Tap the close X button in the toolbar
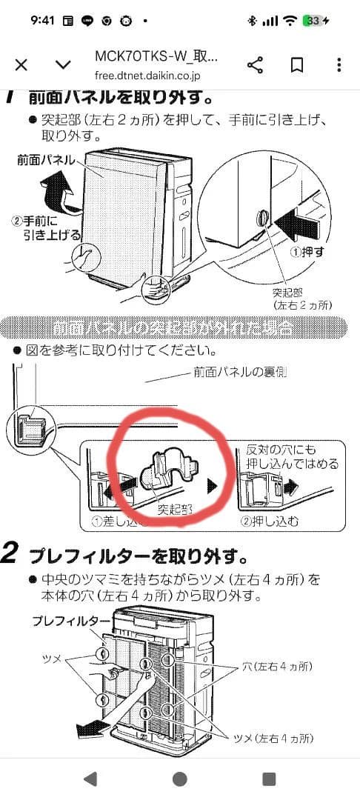tap(21, 65)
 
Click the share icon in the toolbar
tap(255, 65)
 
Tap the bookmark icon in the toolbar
tap(297, 65)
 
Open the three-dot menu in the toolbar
tap(339, 65)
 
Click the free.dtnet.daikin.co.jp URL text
tap(147, 75)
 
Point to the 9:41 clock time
tap(44, 21)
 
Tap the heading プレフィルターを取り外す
tap(137, 555)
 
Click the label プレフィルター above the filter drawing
tap(71, 621)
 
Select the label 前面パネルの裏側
tap(239, 372)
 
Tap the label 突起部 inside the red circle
tap(176, 510)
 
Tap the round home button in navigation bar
tap(179, 779)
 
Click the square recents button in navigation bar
tap(270, 779)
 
